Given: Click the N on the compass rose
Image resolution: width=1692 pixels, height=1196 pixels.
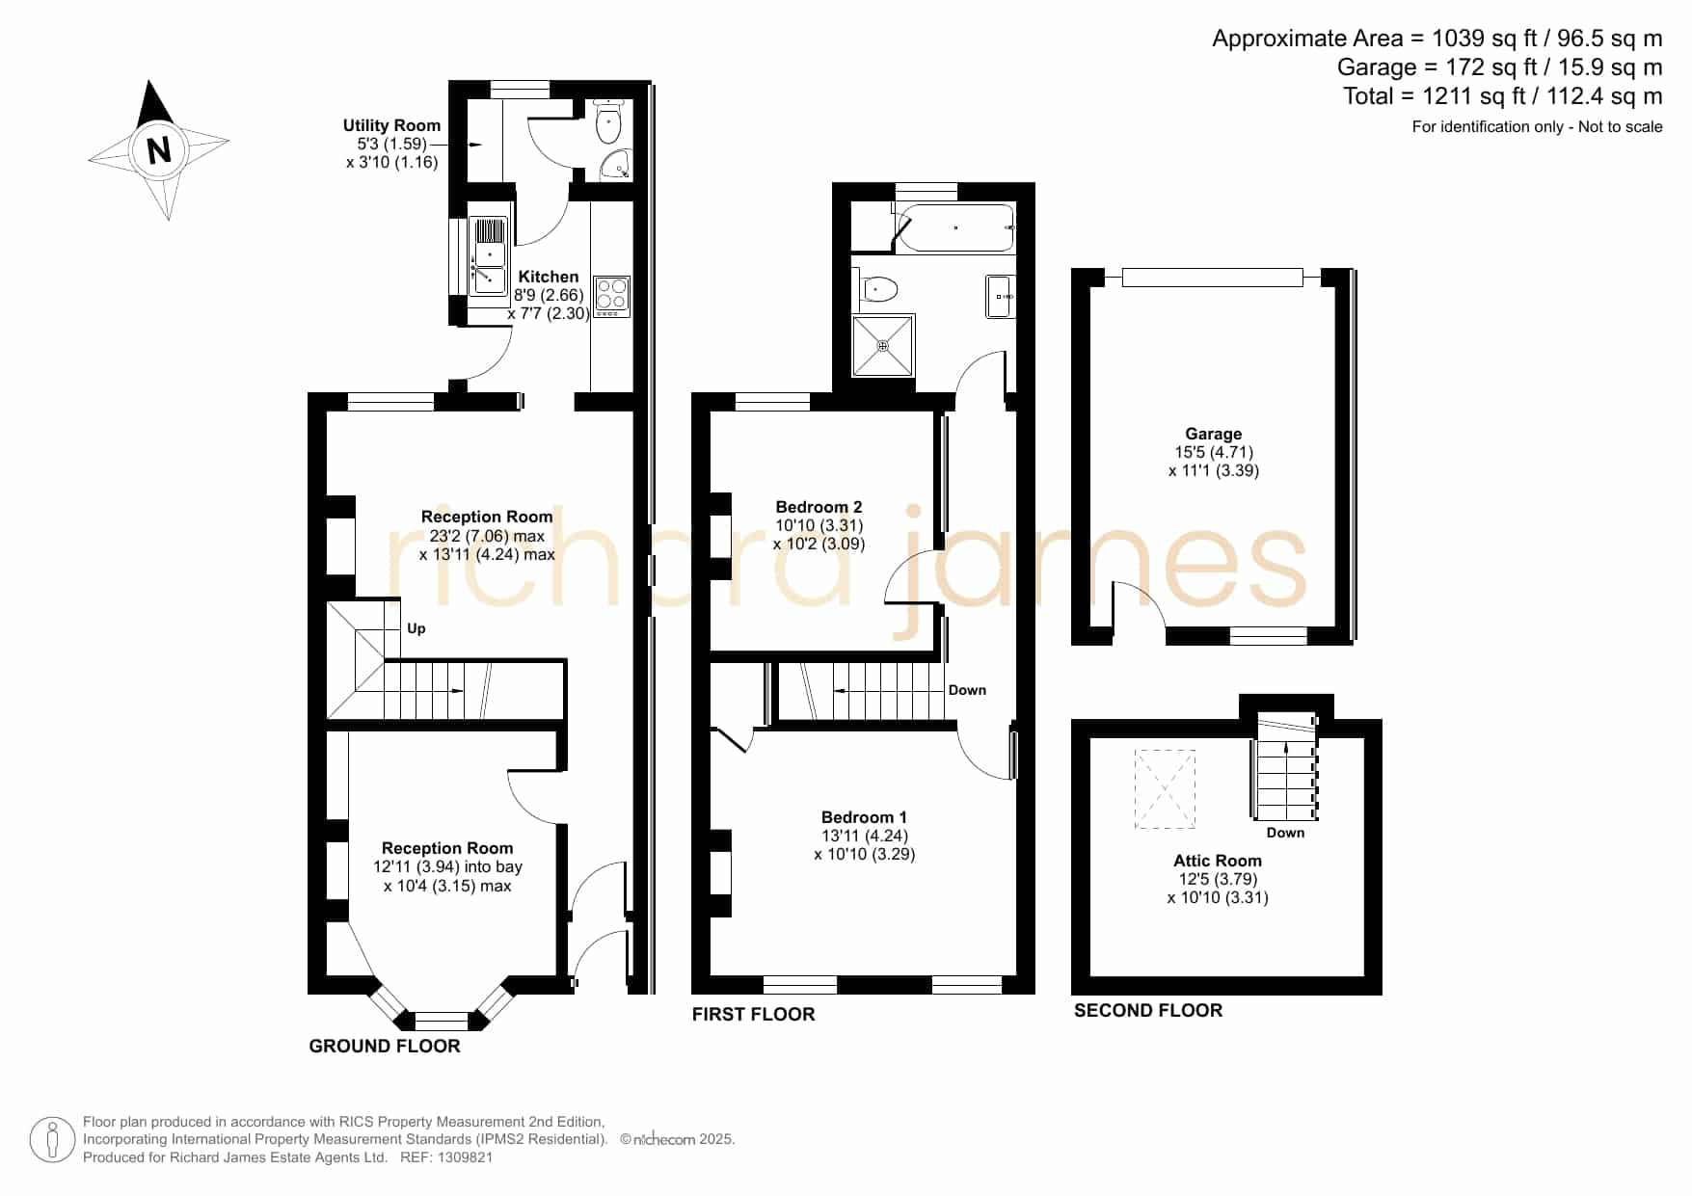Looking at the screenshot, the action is click(x=159, y=150).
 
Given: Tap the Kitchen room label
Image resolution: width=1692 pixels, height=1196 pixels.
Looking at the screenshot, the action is click(x=549, y=277).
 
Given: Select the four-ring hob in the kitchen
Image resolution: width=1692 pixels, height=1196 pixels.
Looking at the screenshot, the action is click(x=612, y=296).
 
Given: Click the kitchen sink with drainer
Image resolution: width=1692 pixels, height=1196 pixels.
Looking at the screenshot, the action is click(x=490, y=255).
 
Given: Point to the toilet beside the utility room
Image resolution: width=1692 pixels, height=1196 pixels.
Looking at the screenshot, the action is click(x=608, y=122).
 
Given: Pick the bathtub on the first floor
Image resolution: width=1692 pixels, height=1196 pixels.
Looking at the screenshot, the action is click(x=954, y=227).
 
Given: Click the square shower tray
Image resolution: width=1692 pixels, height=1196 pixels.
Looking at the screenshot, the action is click(x=883, y=345).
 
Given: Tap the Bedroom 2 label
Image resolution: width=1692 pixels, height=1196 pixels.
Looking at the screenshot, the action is click(x=819, y=507).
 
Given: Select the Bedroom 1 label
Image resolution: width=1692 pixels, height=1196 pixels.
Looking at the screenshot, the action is click(x=864, y=817).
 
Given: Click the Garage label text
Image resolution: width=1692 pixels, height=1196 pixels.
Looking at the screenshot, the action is click(x=1214, y=434).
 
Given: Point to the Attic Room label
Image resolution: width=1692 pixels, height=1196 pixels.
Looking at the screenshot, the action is click(x=1218, y=861).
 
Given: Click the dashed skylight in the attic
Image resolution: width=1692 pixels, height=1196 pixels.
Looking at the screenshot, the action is click(x=1165, y=789).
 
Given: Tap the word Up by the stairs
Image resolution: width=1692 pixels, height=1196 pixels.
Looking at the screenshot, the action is click(x=416, y=628).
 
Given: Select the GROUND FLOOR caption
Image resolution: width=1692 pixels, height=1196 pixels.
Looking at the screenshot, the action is click(x=385, y=1046).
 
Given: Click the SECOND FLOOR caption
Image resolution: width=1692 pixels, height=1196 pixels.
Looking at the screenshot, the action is click(x=1148, y=1010).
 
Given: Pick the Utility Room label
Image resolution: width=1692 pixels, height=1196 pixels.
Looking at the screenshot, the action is click(x=391, y=125).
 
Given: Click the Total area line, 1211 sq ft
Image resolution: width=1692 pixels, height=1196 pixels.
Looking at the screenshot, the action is click(x=1503, y=96).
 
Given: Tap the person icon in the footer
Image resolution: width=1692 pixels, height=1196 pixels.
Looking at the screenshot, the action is click(x=52, y=1140).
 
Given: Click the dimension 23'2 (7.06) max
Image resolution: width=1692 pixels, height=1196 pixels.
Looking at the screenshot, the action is click(x=487, y=536).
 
